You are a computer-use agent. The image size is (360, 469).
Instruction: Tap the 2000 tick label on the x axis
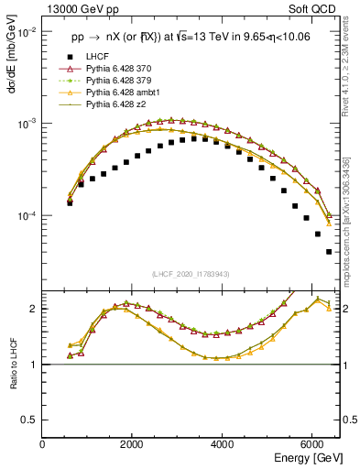[132, 443]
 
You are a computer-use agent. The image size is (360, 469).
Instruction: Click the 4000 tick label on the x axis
[223, 443]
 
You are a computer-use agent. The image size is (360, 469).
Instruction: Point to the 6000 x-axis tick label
[312, 443]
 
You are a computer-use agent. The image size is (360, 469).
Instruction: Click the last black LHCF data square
[328, 251]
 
